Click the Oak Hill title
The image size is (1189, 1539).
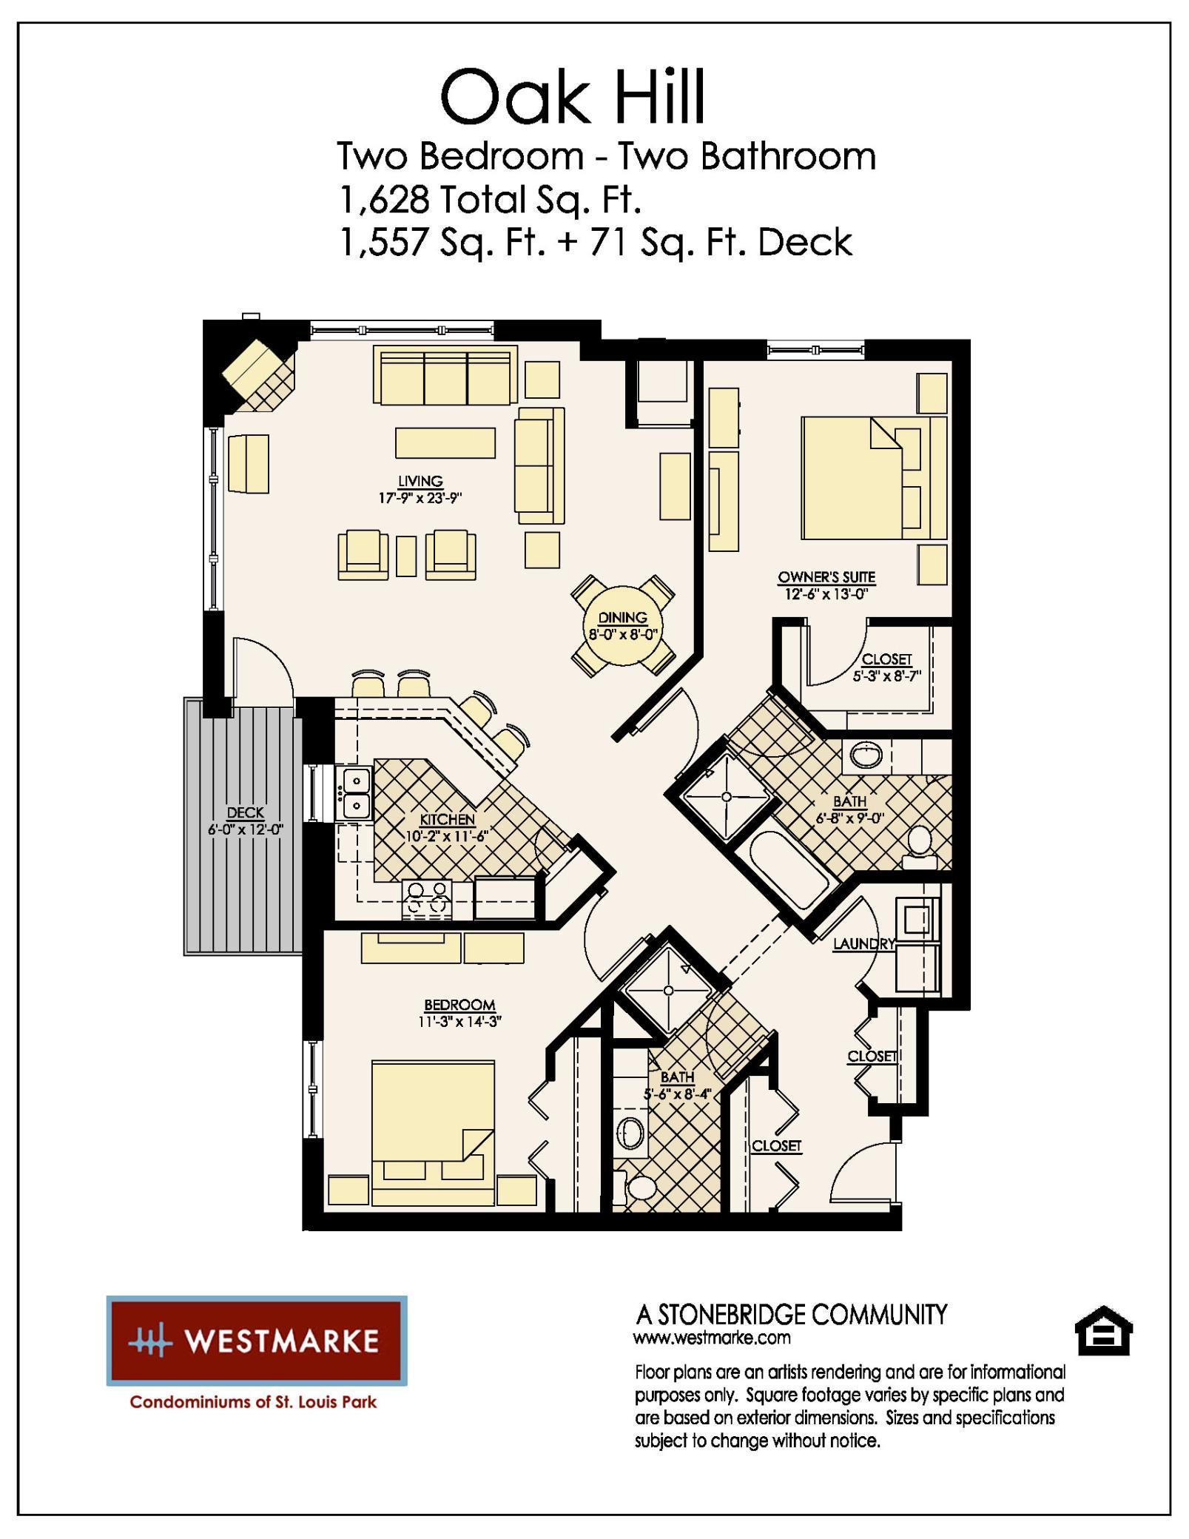pyautogui.click(x=573, y=98)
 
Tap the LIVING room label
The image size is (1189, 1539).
pyautogui.click(x=420, y=481)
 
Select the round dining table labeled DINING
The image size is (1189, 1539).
pyautogui.click(x=623, y=626)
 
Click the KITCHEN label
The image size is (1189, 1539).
pyautogui.click(x=447, y=819)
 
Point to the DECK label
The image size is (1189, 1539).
pyautogui.click(x=245, y=812)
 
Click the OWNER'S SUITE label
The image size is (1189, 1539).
pyautogui.click(x=826, y=576)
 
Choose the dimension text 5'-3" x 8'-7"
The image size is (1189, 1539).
pyautogui.click(x=886, y=676)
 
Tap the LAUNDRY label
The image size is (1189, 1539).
pyautogui.click(x=863, y=943)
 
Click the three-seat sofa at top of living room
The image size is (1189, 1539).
pyautogui.click(x=445, y=375)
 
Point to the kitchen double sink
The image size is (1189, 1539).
pyautogui.click(x=356, y=793)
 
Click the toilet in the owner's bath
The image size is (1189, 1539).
pyautogui.click(x=920, y=845)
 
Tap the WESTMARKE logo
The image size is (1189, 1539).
pyautogui.click(x=257, y=1341)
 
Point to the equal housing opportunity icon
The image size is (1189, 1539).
pyautogui.click(x=1102, y=1333)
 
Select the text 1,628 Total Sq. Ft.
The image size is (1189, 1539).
pyautogui.click(x=489, y=199)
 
